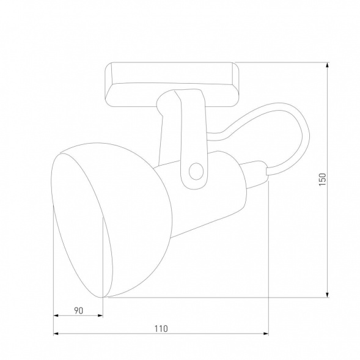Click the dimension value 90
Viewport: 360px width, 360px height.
[x=78, y=310]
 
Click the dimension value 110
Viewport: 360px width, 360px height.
[x=161, y=328]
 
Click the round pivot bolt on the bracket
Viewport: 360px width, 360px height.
[x=196, y=171]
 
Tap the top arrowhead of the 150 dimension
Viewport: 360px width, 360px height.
[x=329, y=65]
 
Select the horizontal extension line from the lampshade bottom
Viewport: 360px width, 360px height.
[x=214, y=298]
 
